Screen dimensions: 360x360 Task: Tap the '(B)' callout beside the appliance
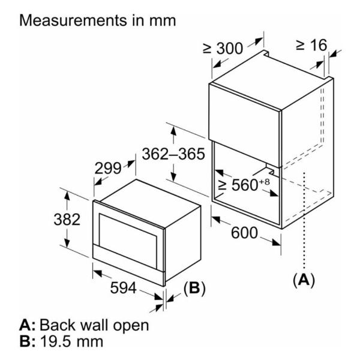194,288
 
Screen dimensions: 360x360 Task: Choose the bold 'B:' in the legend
28,343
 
